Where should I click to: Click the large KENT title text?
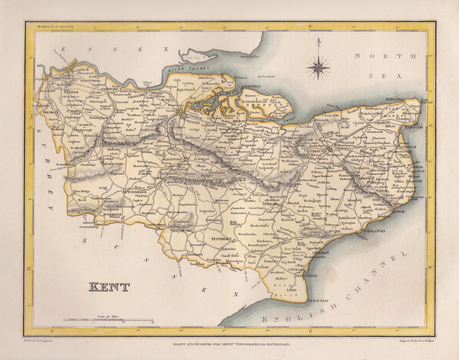[109, 287]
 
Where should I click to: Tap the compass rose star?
[318, 67]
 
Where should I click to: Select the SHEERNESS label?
[250, 86]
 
